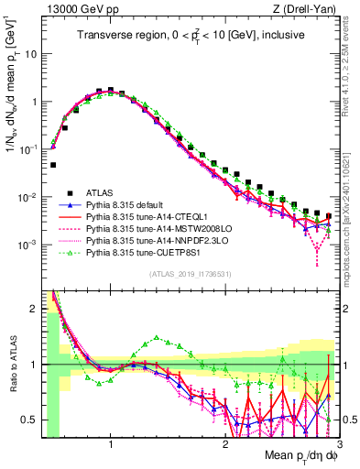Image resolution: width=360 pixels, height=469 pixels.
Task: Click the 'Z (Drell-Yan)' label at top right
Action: coord(307,9)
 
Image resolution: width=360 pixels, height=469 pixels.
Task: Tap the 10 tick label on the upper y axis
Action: coord(29,54)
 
